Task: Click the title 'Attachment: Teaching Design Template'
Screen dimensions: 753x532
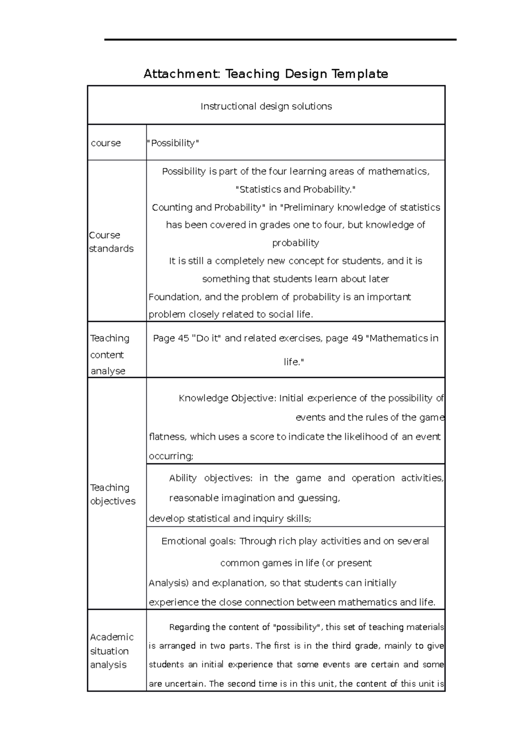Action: point(266,74)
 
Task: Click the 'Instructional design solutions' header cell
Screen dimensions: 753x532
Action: point(266,106)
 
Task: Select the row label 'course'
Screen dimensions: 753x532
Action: point(106,143)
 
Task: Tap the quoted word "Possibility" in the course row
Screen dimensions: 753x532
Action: point(173,143)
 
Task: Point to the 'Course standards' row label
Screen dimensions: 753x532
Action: point(111,242)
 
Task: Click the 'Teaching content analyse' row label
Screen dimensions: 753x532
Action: point(110,354)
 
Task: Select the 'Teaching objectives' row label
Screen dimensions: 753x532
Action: point(113,494)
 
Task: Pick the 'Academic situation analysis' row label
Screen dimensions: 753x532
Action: point(111,651)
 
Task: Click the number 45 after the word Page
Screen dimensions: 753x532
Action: point(183,338)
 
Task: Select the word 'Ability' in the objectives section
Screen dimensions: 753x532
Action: point(183,478)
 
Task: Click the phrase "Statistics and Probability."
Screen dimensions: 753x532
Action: point(295,189)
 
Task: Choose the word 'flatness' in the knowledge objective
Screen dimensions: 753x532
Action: point(167,437)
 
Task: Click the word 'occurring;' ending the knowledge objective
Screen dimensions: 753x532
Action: point(171,456)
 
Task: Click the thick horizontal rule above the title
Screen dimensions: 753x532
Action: point(280,40)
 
